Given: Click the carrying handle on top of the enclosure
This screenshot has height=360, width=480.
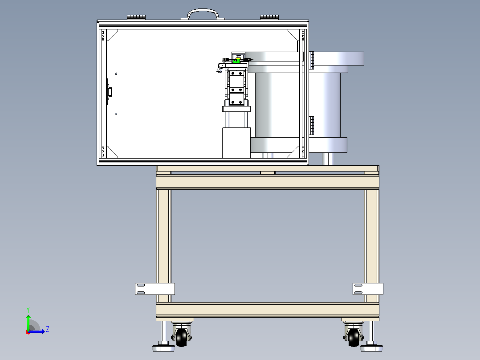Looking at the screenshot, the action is click(203, 11).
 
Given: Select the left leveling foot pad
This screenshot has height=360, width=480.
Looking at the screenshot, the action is click(163, 348).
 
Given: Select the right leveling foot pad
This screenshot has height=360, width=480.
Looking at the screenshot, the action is click(371, 348).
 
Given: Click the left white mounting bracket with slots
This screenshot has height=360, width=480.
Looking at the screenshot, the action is click(155, 289).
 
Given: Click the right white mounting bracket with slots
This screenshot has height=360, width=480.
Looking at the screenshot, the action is click(368, 289).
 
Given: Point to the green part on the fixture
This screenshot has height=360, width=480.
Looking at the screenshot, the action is click(236, 61).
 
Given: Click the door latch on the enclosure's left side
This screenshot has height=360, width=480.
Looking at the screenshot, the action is click(109, 92).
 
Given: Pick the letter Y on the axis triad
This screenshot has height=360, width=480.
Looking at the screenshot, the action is click(28, 310).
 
